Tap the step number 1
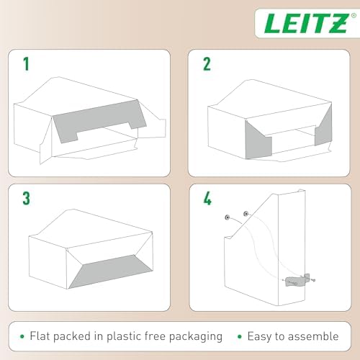pyautogui.click(x=27, y=65)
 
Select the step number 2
pyautogui.click(x=207, y=65)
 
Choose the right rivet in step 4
pyautogui.click(x=246, y=213)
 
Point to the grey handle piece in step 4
pyautogui.click(x=295, y=280)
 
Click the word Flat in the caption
pyautogui.click(x=41, y=336)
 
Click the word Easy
pyautogui.click(x=262, y=336)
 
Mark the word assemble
pyautogui.click(x=315, y=336)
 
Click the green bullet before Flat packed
pyautogui.click(x=22, y=336)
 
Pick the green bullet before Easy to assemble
pyautogui.click(x=239, y=336)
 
